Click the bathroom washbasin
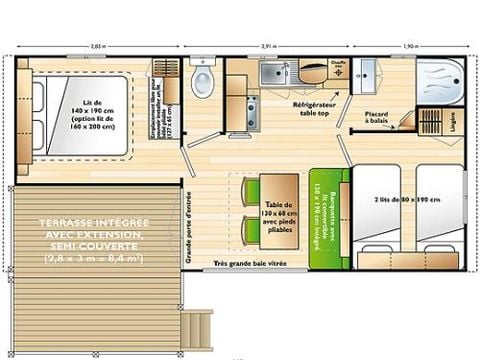pyautogui.click(x=367, y=72)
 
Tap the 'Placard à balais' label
pyautogui.click(x=377, y=118)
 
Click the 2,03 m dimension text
pyautogui.click(x=97, y=46)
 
